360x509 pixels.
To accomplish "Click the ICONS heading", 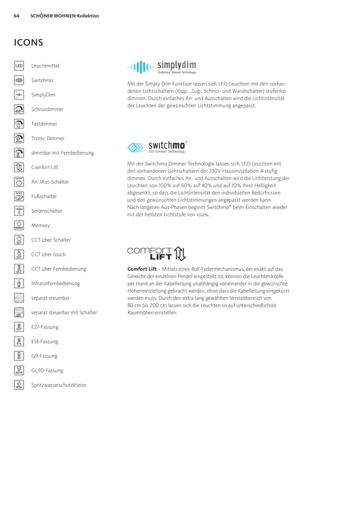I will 28,43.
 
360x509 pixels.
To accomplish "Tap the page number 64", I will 17,16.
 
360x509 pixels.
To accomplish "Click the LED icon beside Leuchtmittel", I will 19,66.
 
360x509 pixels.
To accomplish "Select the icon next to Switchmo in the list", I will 19,80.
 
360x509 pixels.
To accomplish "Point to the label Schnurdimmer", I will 47,109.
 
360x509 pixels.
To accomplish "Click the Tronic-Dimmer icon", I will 19,138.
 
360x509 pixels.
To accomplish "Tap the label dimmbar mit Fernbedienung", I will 63,153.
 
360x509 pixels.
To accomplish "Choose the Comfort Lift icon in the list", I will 19,167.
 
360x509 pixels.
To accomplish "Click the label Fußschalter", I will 44,196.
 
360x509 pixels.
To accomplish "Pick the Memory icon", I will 19,225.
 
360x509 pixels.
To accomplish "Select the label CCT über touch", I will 48,254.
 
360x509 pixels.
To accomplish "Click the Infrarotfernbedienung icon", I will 19,284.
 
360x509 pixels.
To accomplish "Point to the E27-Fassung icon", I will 19,327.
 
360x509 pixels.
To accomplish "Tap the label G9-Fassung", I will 45,356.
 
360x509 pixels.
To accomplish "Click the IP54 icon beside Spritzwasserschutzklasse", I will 19,385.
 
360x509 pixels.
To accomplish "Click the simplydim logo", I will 162,67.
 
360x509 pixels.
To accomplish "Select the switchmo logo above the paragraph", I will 157,147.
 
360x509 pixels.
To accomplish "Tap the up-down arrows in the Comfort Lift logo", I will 180,254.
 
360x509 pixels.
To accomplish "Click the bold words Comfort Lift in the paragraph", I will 142,269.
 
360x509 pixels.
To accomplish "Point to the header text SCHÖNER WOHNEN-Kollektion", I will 64,16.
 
